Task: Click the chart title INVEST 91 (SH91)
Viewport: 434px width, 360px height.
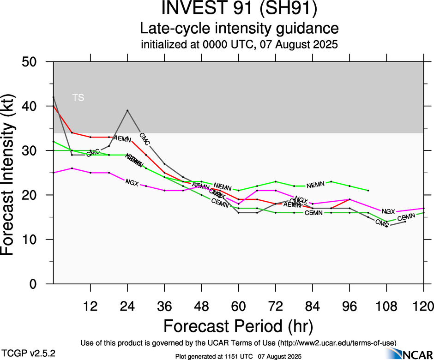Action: point(239,9)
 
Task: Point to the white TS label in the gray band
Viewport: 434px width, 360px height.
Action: point(78,97)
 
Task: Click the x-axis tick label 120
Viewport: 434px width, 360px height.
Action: point(423,306)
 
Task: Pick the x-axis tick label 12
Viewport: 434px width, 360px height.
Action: point(90,306)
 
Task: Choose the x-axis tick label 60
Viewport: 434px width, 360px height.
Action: point(238,306)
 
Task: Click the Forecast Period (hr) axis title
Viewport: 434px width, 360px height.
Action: point(238,326)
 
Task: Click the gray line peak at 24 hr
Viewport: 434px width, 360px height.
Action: point(127,110)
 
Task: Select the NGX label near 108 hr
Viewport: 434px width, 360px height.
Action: point(388,211)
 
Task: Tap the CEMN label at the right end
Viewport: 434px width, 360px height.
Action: point(406,217)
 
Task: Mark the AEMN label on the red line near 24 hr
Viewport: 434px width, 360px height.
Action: point(122,138)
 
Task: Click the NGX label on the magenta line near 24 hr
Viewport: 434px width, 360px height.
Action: point(132,183)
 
